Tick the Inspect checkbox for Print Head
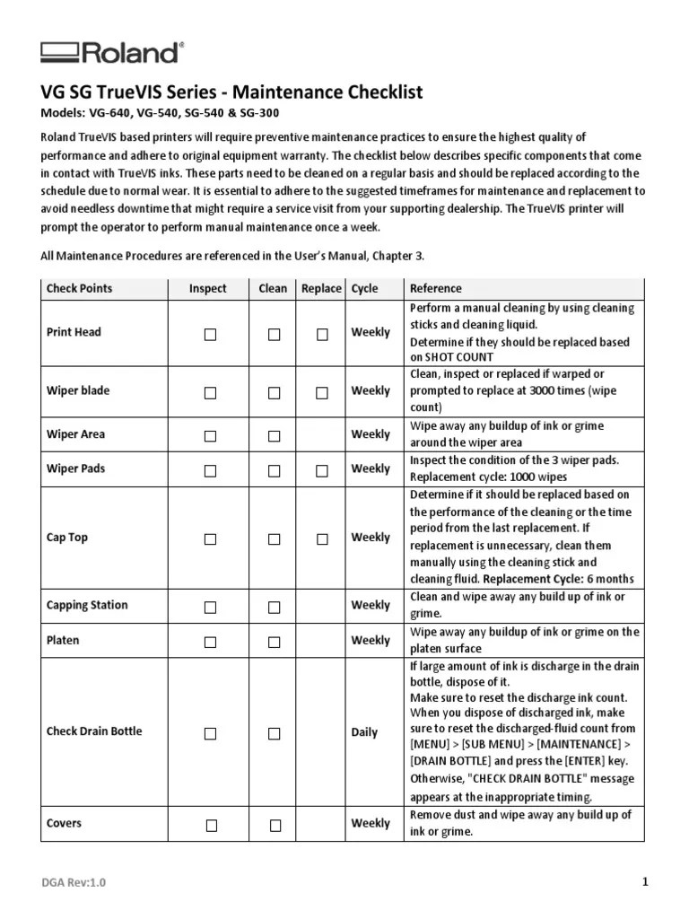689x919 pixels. (210, 334)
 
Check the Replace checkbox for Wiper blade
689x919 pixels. (321, 392)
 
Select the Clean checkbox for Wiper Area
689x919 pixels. (274, 435)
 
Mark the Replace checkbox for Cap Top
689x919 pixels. (321, 539)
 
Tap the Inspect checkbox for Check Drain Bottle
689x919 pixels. (210, 733)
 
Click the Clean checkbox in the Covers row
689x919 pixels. (275, 825)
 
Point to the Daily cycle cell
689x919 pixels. (364, 732)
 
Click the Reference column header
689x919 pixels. (435, 289)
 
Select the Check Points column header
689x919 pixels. (80, 289)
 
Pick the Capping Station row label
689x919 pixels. (87, 606)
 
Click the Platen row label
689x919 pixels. (63, 641)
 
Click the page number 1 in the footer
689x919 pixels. (644, 882)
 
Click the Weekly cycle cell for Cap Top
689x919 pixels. (371, 538)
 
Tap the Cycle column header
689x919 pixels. (364, 289)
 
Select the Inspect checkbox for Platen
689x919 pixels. (210, 642)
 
